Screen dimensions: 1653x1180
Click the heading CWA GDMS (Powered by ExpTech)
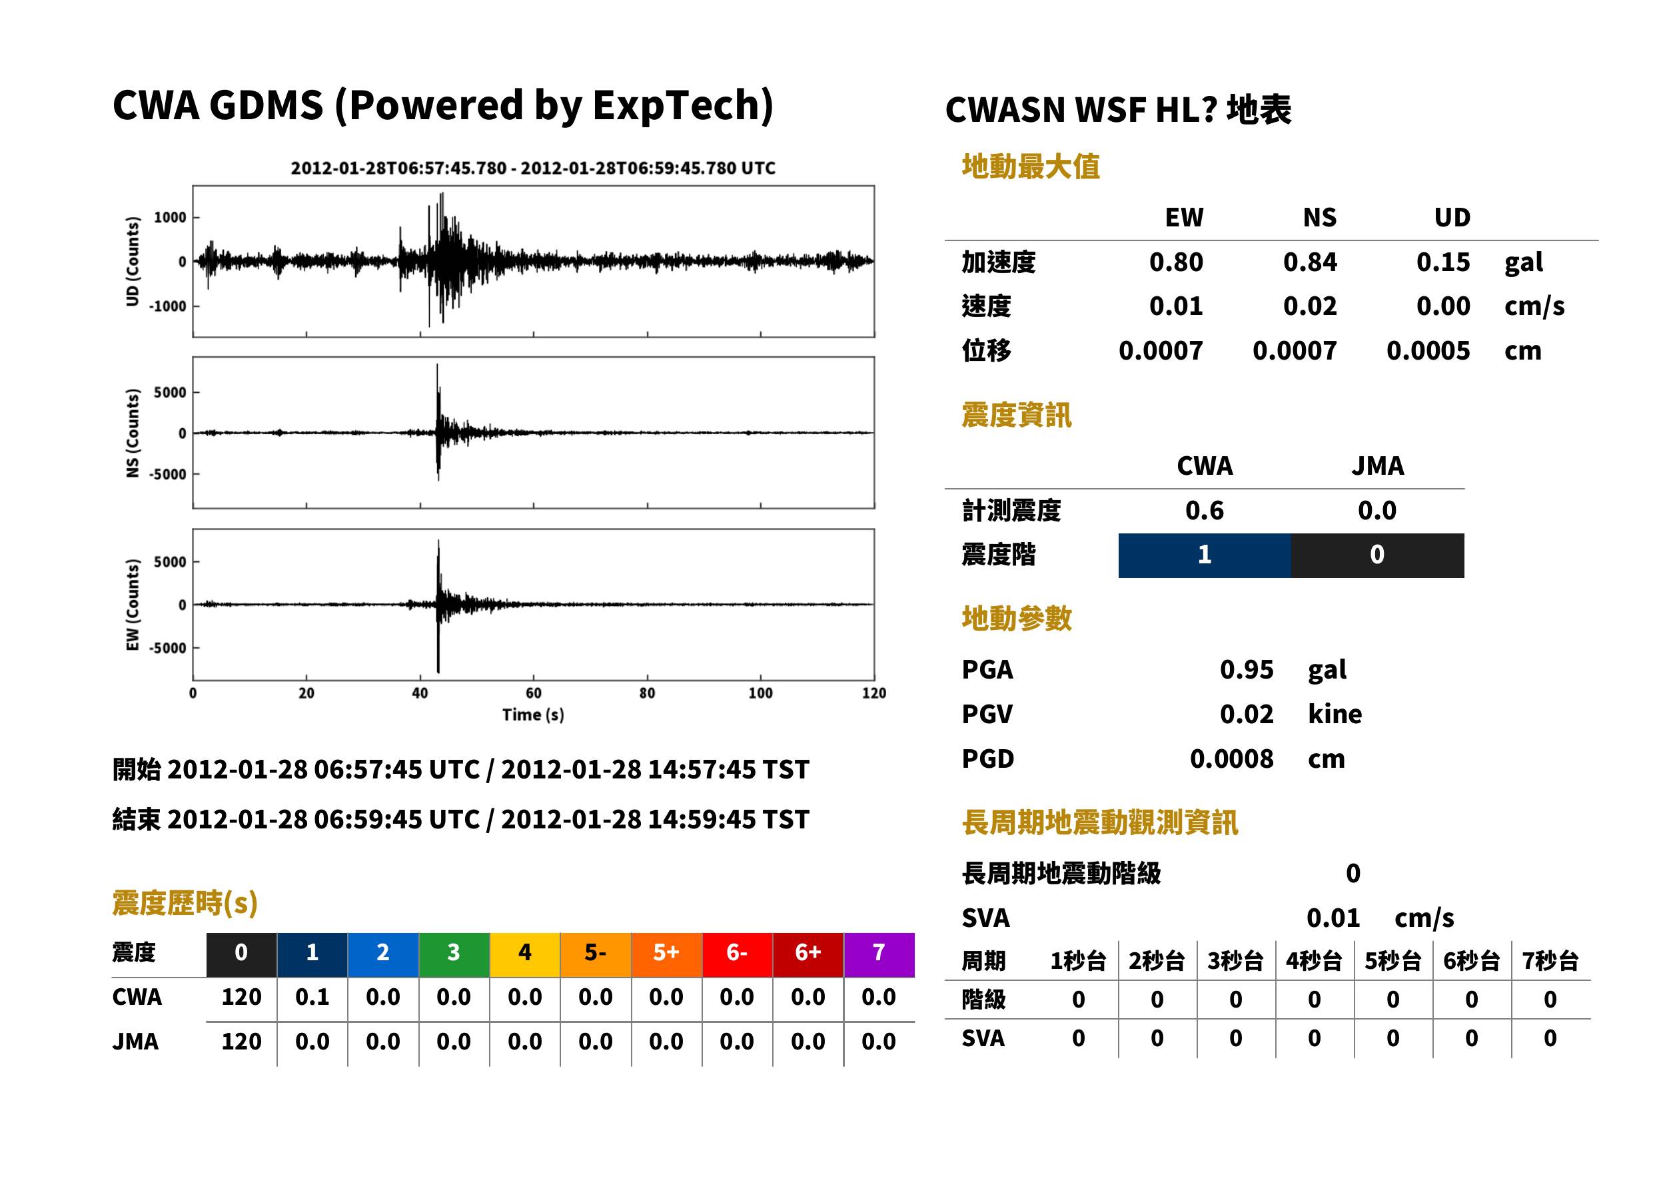[x=442, y=106]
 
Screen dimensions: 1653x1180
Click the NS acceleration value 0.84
[x=1309, y=262]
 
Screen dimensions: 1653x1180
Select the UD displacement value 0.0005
[x=1428, y=351]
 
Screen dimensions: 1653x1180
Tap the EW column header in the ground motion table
[x=1184, y=217]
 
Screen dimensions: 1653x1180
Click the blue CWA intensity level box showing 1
[x=1205, y=555]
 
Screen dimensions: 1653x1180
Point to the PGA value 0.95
[x=1247, y=669]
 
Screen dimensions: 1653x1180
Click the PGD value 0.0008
[x=1231, y=758]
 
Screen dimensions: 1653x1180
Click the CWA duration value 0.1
[x=312, y=997]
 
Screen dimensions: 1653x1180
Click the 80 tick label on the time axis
[x=647, y=693]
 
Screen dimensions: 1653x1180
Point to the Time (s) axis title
[x=533, y=715]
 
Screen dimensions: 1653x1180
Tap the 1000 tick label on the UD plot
[x=170, y=217]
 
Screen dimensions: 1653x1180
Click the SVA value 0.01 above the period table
[x=1333, y=918]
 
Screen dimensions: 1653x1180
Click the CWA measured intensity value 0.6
[x=1205, y=511]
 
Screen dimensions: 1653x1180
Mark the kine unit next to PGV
[x=1335, y=715]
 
